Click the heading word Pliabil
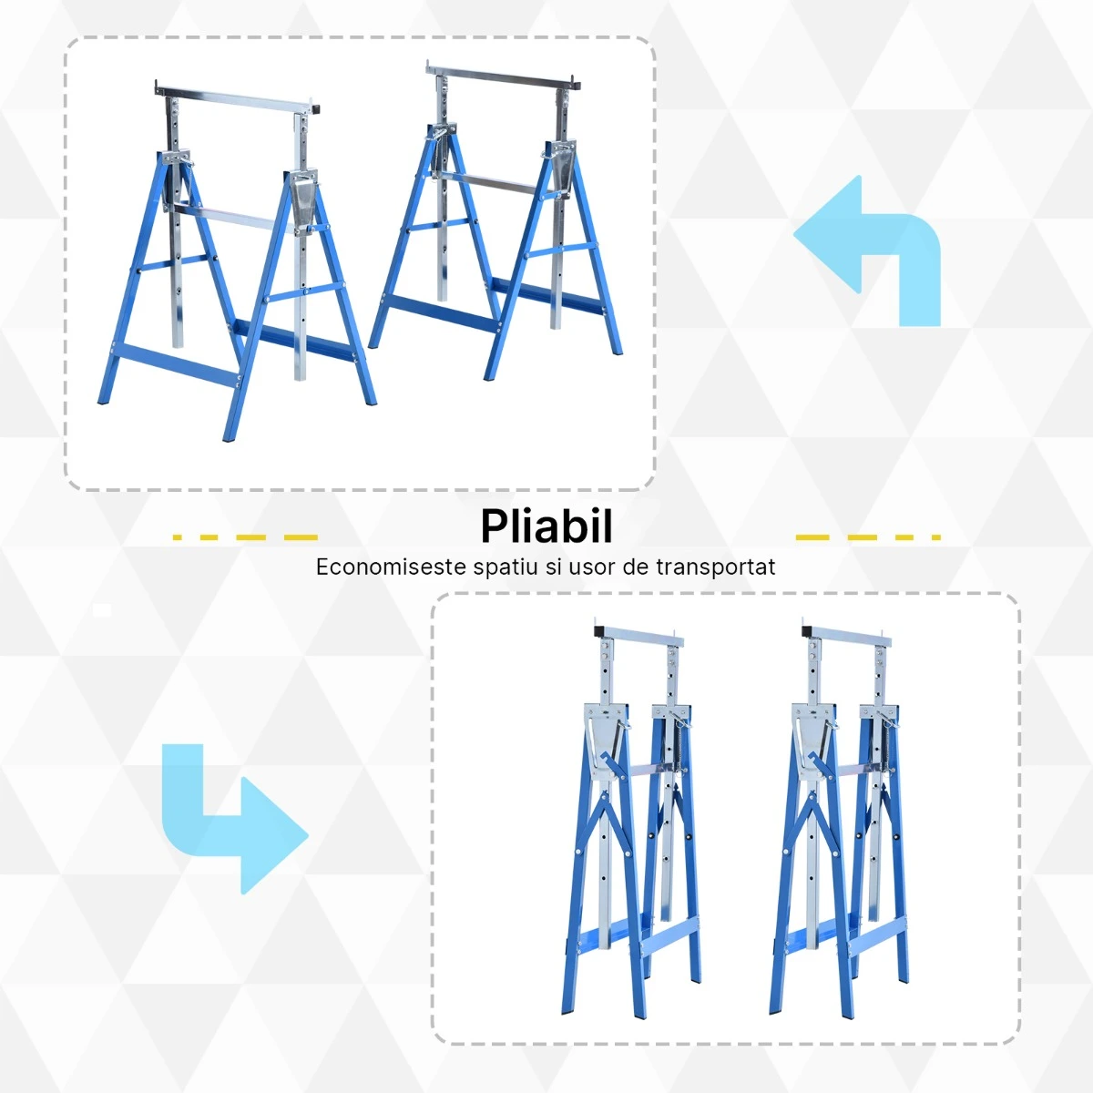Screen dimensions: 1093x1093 click(546, 526)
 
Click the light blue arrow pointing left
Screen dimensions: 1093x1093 click(867, 250)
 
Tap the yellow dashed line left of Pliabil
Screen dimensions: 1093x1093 click(245, 537)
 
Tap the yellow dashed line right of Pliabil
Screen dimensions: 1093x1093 click(868, 537)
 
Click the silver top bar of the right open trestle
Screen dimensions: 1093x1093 click(505, 79)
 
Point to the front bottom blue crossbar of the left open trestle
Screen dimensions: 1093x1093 click(175, 364)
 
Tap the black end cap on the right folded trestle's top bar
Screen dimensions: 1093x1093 click(808, 631)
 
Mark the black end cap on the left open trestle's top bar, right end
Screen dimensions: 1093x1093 click(315, 107)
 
